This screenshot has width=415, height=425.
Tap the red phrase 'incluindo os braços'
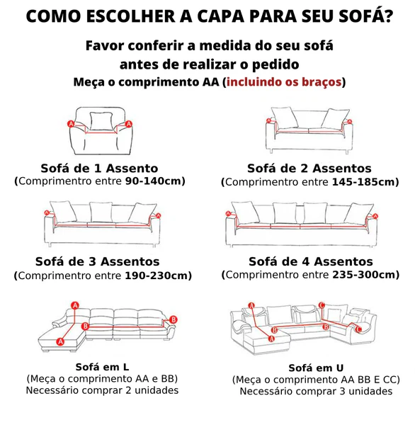pos(284,82)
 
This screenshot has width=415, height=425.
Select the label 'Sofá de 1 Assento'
pos(99,169)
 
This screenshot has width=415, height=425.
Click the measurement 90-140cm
pos(153,181)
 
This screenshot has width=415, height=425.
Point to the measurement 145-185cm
pos(363,182)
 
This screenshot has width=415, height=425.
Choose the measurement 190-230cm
pos(156,276)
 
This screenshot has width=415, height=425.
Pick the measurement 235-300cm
pos(363,275)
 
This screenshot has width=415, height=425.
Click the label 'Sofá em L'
pos(102,367)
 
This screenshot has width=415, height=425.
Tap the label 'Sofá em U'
pos(316,368)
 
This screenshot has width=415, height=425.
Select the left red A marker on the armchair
pos(71,124)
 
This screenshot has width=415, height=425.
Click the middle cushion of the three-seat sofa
pos(101,212)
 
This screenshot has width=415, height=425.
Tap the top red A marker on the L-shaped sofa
pos(75,306)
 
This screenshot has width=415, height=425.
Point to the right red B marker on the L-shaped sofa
pos(174,319)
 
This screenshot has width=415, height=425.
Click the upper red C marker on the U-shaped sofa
pos(322,305)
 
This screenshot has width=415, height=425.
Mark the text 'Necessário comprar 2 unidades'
pos(102,390)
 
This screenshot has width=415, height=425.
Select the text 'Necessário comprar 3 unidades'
pos(316,391)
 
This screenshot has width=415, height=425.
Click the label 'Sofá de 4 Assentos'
pos(311,261)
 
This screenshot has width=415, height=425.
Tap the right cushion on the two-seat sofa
pos(335,119)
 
